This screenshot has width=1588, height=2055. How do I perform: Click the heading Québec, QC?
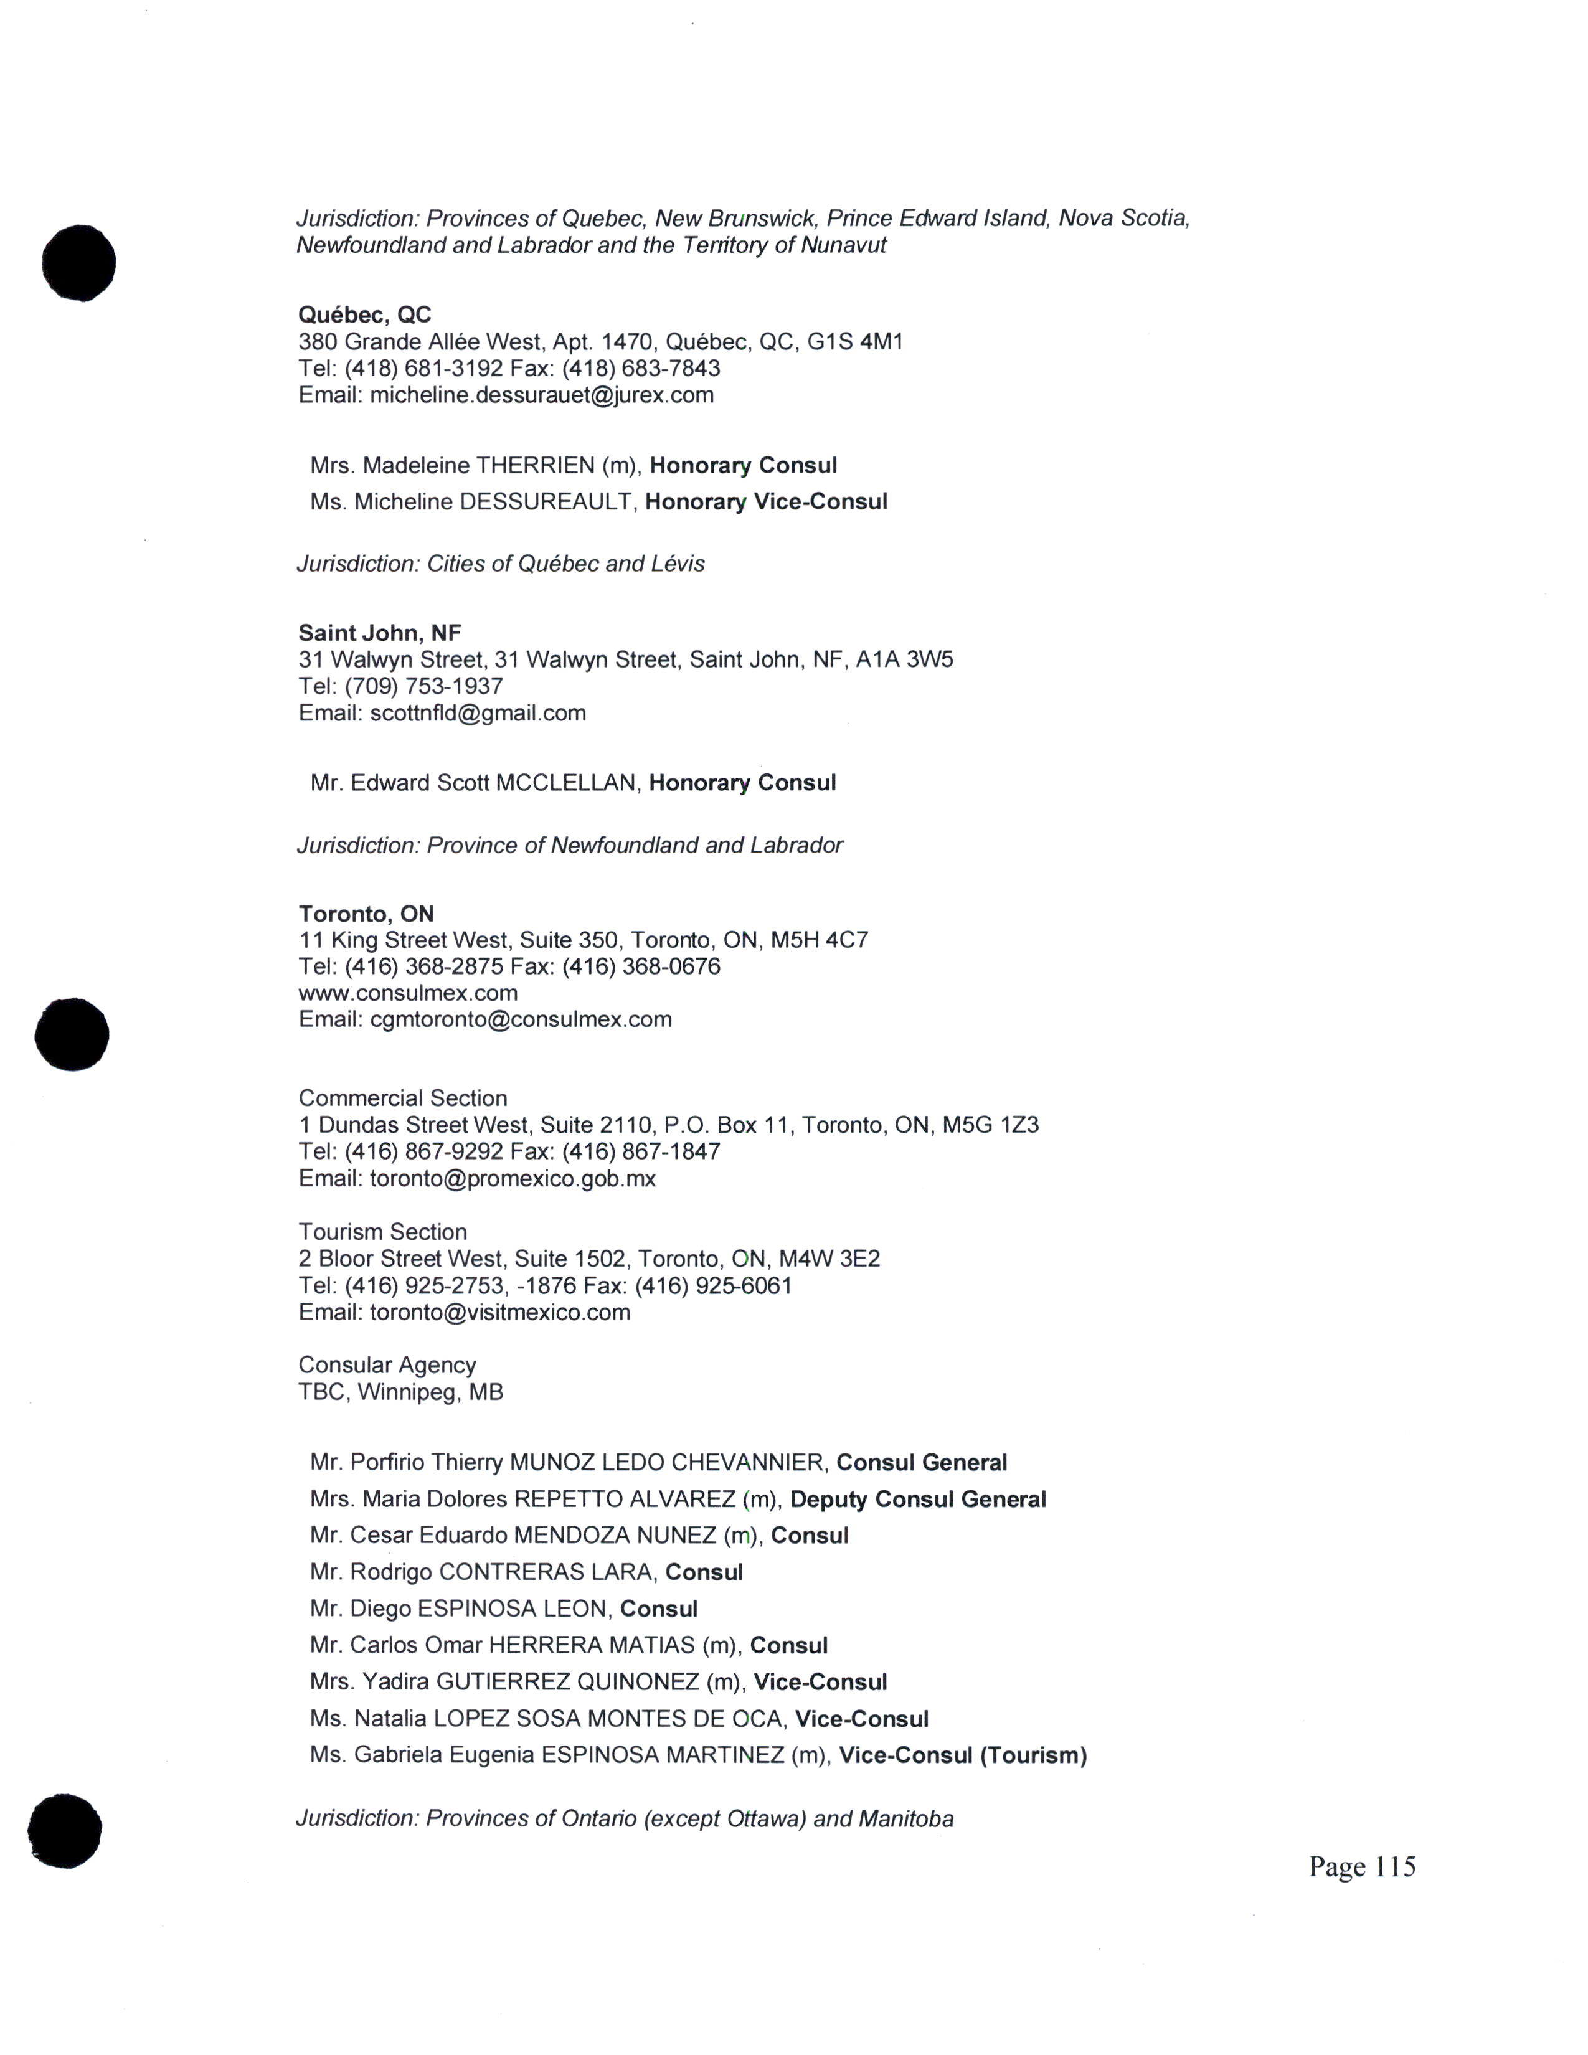[x=365, y=314]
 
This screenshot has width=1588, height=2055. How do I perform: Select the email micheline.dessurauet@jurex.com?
[x=541, y=395]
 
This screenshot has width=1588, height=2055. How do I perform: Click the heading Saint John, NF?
[x=379, y=633]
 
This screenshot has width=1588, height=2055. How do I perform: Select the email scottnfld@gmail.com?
[x=477, y=713]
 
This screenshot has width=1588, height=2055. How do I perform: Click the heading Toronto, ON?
[x=366, y=914]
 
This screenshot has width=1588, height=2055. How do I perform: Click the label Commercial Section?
[x=403, y=1098]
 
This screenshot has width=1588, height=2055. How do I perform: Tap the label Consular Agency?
[x=387, y=1365]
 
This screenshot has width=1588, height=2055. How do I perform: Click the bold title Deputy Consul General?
[x=917, y=1500]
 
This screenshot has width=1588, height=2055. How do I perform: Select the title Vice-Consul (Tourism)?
[x=962, y=1756]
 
